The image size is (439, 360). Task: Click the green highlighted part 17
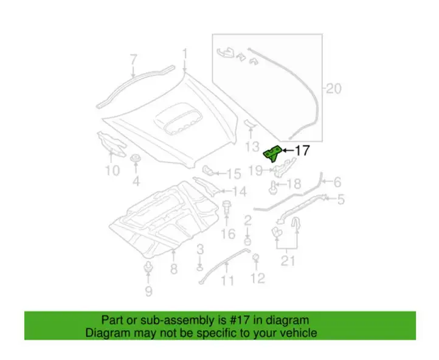point(272,153)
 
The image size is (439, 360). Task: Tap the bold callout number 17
point(302,151)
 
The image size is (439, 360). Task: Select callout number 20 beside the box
point(334,88)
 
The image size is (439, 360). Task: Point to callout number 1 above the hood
point(184,54)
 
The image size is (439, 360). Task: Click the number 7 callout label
point(134,60)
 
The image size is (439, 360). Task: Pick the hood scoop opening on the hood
point(178,120)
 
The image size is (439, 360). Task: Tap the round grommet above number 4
point(136,158)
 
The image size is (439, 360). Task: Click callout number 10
point(112,170)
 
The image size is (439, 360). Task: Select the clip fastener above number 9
point(148,268)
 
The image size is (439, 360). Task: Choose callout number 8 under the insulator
point(174,268)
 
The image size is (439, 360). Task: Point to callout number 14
point(239,192)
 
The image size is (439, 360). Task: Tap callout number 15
point(233,174)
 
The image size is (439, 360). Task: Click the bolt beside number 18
point(272,187)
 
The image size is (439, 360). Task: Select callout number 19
point(256,170)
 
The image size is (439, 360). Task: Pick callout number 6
point(337,182)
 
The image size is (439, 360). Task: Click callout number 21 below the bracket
point(288,261)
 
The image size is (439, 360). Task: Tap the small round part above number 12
point(256,257)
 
